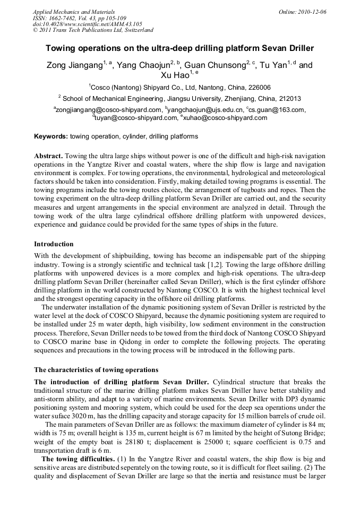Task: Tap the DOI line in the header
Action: pos(87,24)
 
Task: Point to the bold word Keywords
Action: pos(51,137)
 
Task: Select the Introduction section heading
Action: pos(54,244)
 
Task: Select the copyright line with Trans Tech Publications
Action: pos(93,31)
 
